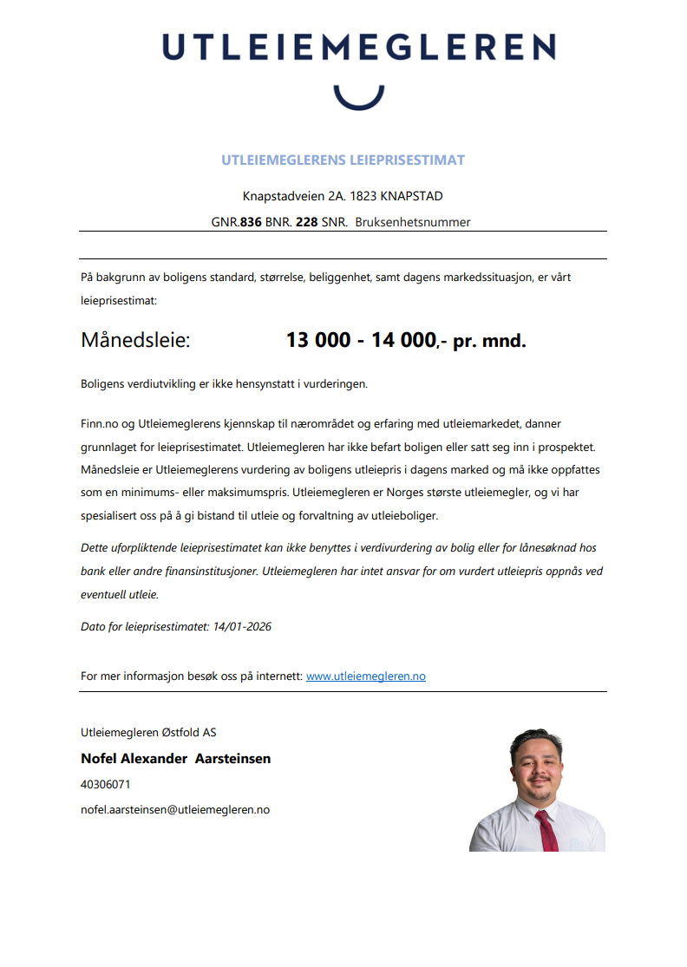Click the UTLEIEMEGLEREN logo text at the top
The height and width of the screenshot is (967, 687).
[358, 47]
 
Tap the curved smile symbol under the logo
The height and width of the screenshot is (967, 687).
[358, 96]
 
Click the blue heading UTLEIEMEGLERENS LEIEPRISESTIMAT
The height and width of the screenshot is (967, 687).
[343, 160]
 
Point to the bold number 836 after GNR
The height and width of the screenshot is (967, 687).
[251, 222]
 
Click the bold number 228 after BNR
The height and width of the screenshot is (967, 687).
[306, 222]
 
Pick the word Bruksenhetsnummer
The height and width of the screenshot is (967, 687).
[412, 222]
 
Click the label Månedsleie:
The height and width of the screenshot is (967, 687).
[135, 340]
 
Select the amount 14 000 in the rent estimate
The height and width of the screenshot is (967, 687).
[403, 340]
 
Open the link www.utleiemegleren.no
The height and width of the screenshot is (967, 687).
[365, 676]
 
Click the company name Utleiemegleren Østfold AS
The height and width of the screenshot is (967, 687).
[148, 732]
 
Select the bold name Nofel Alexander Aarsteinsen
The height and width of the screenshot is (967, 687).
[175, 759]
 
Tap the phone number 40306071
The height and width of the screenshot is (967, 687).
[105, 784]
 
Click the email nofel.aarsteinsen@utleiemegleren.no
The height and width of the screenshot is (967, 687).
[174, 809]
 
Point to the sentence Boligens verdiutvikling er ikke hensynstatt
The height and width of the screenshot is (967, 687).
[224, 382]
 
